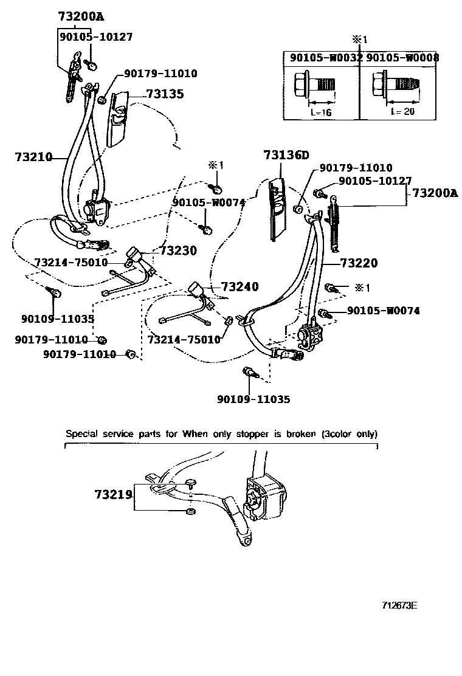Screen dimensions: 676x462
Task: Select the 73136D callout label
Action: (286, 155)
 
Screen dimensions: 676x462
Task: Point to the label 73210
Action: (33, 157)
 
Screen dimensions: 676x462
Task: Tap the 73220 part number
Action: (359, 263)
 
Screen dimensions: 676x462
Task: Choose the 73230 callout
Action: (179, 250)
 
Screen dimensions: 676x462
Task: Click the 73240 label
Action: (240, 286)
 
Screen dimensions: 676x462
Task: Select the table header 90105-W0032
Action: (325, 58)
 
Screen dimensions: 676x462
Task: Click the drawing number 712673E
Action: (399, 605)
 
